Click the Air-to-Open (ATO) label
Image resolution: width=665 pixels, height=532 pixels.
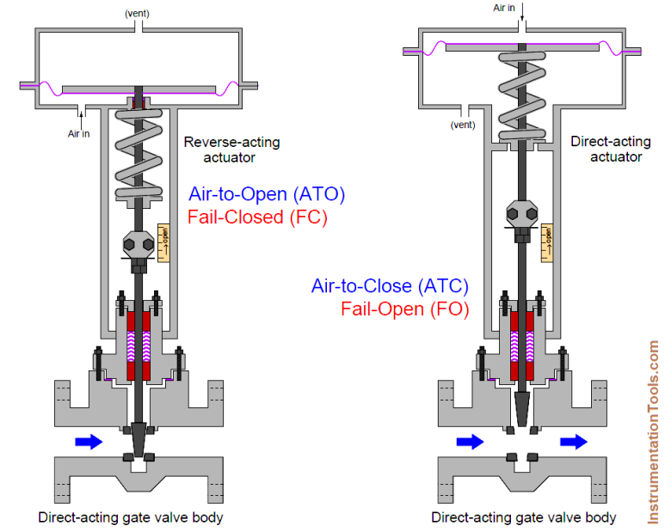[267, 195]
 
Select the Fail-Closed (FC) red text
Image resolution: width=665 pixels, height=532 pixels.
[257, 217]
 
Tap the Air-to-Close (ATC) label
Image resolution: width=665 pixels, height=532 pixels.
[391, 286]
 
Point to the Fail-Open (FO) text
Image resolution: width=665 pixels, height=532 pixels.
[404, 309]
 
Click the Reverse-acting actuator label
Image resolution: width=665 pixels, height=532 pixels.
[231, 150]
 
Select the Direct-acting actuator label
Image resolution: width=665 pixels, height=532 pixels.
[607, 150]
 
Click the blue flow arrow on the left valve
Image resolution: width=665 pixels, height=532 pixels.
[89, 441]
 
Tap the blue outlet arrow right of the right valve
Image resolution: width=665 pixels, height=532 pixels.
[573, 441]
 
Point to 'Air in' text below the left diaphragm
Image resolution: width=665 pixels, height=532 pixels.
[80, 133]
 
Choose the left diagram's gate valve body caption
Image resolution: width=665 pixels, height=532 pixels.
[130, 517]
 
